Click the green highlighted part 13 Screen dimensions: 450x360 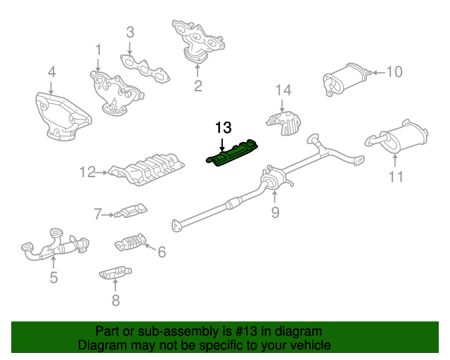point(231,153)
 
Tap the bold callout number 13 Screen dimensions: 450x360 point(224,127)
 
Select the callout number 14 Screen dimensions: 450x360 point(283,90)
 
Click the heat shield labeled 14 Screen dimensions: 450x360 point(284,124)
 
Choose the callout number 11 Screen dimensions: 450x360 point(395,176)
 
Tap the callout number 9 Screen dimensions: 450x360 point(275,212)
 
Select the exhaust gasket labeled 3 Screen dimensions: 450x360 point(145,69)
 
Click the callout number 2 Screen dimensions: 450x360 point(198,86)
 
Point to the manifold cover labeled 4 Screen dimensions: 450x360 point(63,117)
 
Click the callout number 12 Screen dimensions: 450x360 point(87,172)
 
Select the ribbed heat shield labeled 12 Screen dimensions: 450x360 point(146,169)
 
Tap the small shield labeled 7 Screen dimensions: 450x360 point(131,212)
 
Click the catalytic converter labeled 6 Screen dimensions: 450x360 point(131,243)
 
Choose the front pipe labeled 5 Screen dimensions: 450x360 point(55,245)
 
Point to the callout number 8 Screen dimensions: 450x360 point(115,300)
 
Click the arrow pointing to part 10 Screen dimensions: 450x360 point(378,73)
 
